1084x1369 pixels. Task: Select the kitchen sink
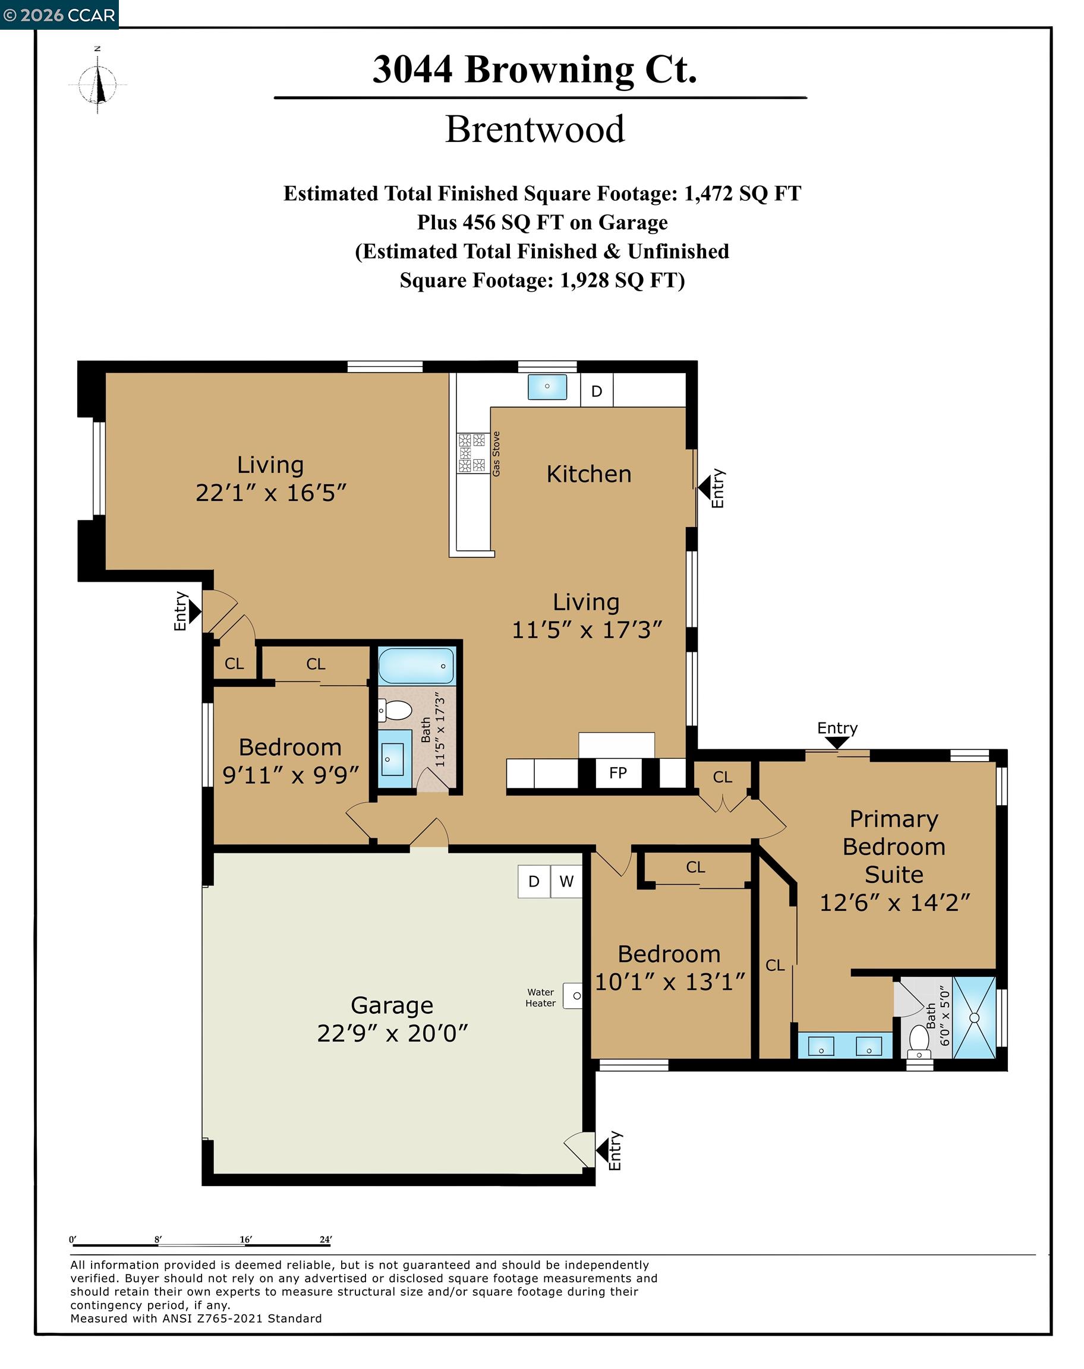pyautogui.click(x=547, y=386)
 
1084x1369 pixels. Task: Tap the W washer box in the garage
pyautogui.click(x=566, y=881)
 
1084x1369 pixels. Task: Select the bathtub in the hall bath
pyautogui.click(x=417, y=665)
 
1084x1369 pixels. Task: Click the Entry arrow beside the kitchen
pyautogui.click(x=704, y=488)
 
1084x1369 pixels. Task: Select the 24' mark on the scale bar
pyautogui.click(x=326, y=1239)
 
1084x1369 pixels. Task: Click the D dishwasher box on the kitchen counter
pyautogui.click(x=597, y=392)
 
